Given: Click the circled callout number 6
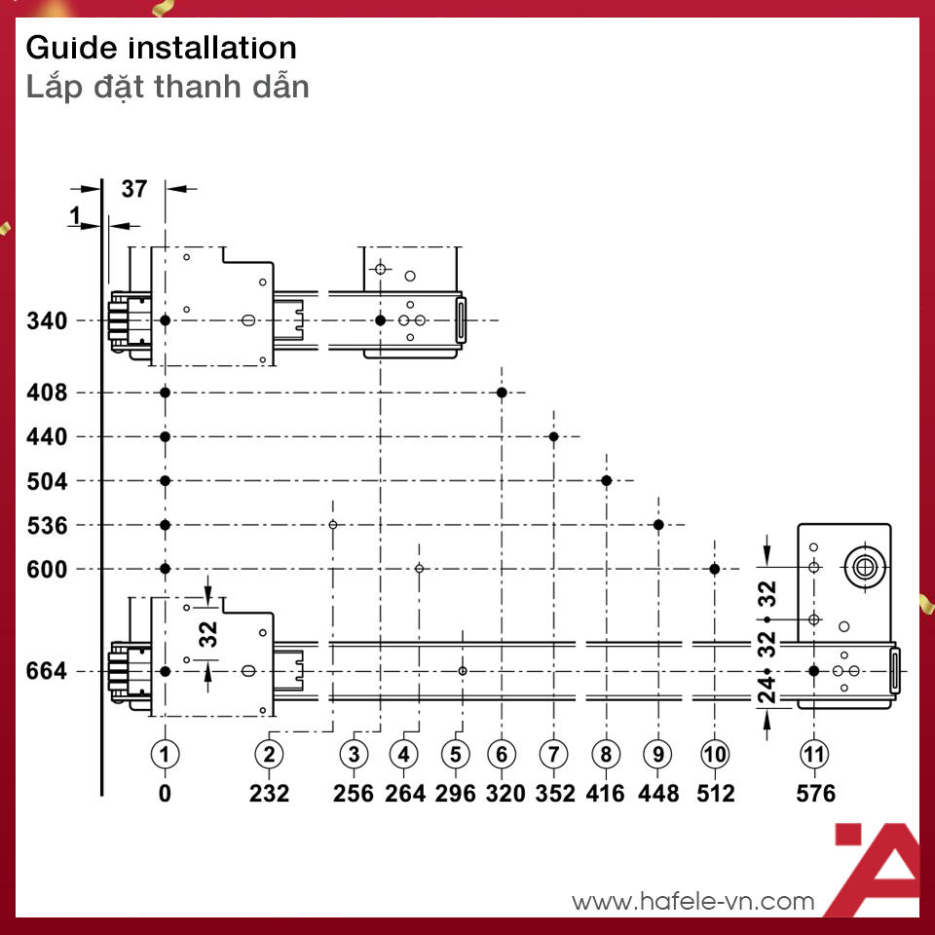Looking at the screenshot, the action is [x=502, y=754].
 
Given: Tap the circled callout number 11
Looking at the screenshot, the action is [x=814, y=754].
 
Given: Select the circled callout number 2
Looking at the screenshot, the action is [x=269, y=754].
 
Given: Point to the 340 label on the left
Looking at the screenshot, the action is [x=47, y=320].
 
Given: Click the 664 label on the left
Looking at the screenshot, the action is [x=47, y=671].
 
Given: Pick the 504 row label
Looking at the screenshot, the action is [x=47, y=480].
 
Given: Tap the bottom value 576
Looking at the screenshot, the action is [x=816, y=793].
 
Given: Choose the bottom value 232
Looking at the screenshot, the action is [x=269, y=793].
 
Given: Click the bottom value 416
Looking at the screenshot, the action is [x=605, y=793].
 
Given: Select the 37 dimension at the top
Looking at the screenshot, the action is [x=134, y=189].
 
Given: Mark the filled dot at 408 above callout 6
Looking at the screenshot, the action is [x=502, y=393].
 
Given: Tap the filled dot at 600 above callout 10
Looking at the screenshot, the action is [x=714, y=569].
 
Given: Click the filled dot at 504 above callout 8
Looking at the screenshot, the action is [x=607, y=480].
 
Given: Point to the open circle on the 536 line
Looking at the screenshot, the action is [x=333, y=525].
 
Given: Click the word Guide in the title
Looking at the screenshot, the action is [x=71, y=48].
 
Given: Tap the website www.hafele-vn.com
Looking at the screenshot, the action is [x=692, y=901].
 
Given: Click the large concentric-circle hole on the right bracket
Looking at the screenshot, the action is [x=865, y=567].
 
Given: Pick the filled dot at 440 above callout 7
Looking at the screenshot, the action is [x=554, y=436].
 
